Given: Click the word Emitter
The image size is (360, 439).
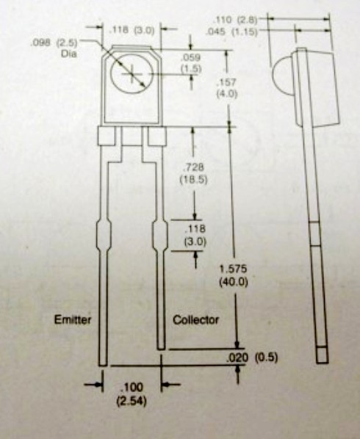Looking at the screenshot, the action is coord(73,320).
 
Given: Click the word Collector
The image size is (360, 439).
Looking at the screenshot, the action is coord(195,320).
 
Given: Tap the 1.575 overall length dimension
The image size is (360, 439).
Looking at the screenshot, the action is coord(233,269).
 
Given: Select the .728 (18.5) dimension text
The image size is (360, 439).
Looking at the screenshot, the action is coord(193,173).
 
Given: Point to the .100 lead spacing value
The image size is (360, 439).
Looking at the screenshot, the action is coord(132,388).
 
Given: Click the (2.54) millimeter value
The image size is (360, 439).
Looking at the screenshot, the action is coord(132,402).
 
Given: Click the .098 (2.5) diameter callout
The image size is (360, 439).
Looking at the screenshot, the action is coord(53,43).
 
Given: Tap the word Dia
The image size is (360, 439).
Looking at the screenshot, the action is coord(68,54).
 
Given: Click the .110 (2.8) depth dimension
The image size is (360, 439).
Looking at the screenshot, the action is coord(235,20).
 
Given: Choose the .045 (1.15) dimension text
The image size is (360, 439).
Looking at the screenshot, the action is coord(231,32).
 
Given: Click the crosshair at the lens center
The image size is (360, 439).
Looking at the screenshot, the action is coord(132,74).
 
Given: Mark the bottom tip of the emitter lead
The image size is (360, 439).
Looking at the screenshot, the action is coord(103,366).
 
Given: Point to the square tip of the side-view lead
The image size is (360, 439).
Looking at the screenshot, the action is coord(323,355).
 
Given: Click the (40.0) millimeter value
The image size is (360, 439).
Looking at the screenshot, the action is coord(234,282).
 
